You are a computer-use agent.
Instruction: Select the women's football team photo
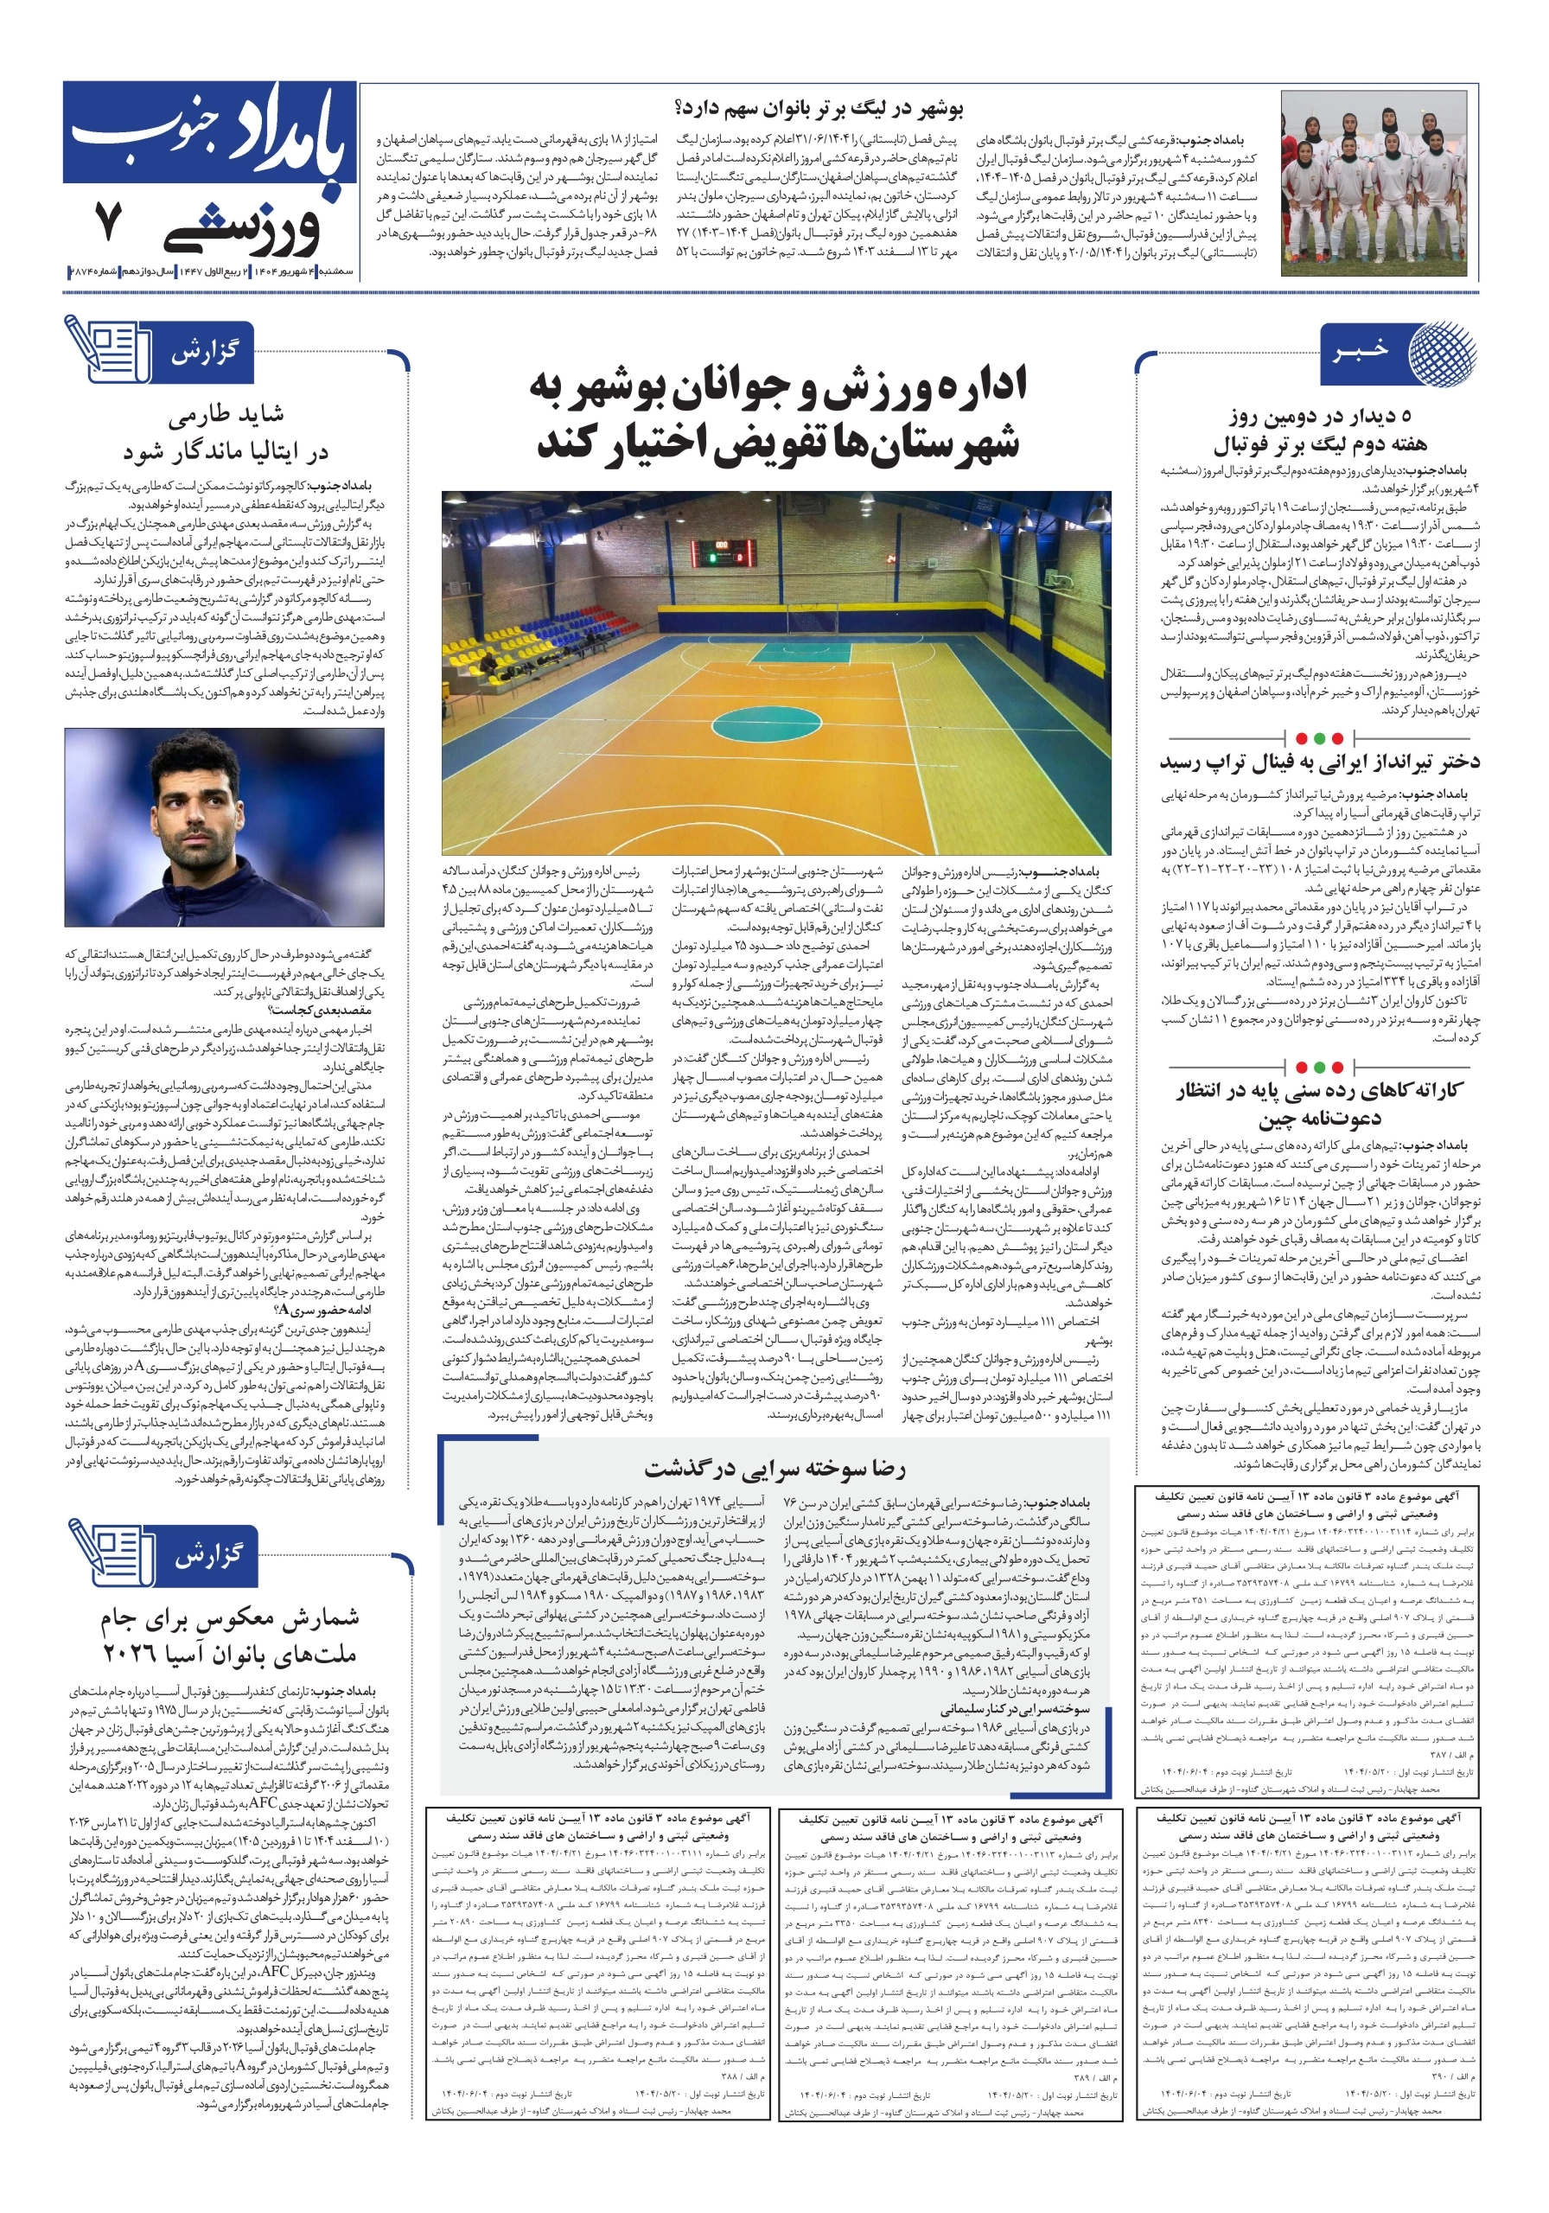(x=1379, y=183)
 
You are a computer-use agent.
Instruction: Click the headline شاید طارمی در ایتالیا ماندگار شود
(x=226, y=433)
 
